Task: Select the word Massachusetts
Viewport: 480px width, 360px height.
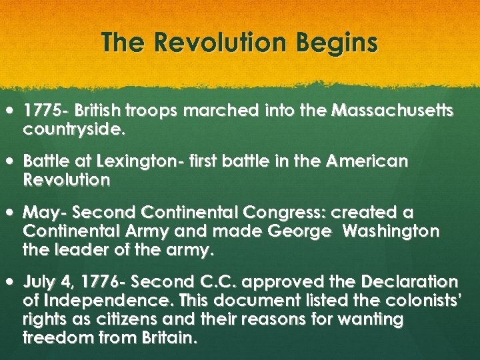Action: (393, 110)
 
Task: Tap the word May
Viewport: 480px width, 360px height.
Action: (41, 213)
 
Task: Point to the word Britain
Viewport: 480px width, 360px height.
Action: (167, 337)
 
